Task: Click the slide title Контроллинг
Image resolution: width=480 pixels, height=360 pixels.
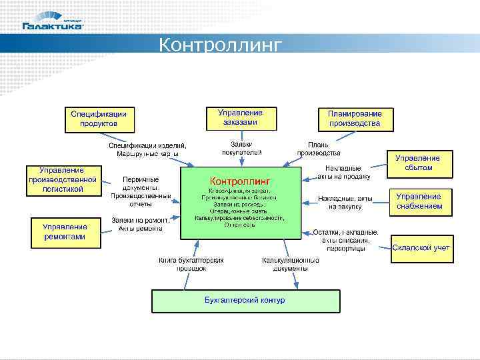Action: tap(221, 45)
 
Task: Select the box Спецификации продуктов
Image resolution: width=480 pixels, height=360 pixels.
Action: tap(99, 119)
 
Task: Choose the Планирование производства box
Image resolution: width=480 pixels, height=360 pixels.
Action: tap(354, 119)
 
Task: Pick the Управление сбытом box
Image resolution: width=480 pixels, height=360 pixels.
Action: tap(419, 163)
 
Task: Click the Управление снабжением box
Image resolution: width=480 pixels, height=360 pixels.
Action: tap(419, 201)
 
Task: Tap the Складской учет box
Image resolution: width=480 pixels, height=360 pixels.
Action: tap(421, 247)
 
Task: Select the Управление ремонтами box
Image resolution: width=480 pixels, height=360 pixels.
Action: tap(64, 232)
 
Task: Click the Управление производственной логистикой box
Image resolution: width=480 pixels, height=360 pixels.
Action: tap(63, 180)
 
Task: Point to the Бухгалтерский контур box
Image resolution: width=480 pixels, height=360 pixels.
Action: tap(245, 301)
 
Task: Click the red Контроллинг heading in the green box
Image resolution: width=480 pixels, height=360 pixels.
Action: tap(239, 181)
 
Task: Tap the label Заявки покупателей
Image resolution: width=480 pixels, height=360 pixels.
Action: tap(241, 148)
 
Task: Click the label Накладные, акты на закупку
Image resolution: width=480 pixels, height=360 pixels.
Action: tap(345, 203)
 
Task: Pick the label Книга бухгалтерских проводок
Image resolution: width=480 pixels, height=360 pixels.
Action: tap(191, 264)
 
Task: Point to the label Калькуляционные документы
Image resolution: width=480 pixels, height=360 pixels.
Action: tap(285, 264)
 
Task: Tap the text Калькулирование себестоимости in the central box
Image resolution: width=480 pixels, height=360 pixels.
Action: tap(239, 218)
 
